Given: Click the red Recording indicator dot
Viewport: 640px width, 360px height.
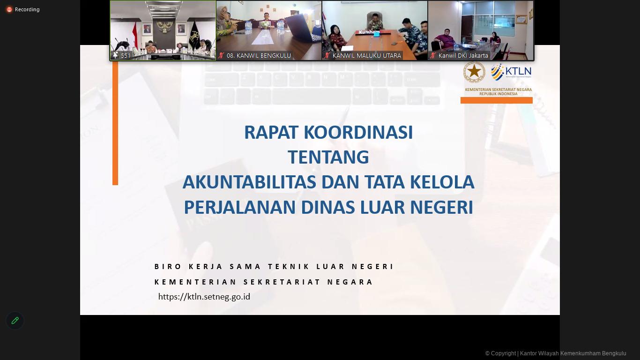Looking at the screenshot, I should pos(9,9).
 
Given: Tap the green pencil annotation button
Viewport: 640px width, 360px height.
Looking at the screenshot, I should pos(15,321).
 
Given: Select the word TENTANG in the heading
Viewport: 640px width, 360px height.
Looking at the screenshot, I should pos(328,157).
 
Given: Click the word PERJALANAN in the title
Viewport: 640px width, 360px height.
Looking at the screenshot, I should pos(239,207).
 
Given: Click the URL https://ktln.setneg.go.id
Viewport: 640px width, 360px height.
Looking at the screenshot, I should pos(204,297).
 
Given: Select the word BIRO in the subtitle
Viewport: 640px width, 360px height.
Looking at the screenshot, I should pos(168,267).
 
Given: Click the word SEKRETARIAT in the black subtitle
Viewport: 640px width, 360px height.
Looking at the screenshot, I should pos(279,282).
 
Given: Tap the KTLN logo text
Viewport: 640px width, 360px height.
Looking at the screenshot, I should pos(518,72).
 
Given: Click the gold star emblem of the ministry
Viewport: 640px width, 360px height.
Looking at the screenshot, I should pos(474,72).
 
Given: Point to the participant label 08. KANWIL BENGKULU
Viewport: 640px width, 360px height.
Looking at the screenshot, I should pos(259,55).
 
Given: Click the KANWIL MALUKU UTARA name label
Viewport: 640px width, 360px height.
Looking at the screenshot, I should pos(366,55).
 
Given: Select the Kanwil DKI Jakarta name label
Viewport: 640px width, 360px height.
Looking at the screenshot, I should pos(463,55).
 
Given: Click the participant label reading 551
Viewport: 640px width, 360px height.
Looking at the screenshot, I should pos(126,55).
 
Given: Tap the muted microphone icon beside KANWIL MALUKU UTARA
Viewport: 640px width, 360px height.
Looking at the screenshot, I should pos(327,55).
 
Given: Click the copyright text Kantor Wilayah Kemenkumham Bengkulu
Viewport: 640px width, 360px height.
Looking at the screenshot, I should pos(573,353).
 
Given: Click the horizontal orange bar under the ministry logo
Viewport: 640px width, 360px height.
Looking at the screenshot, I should pos(496,100).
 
